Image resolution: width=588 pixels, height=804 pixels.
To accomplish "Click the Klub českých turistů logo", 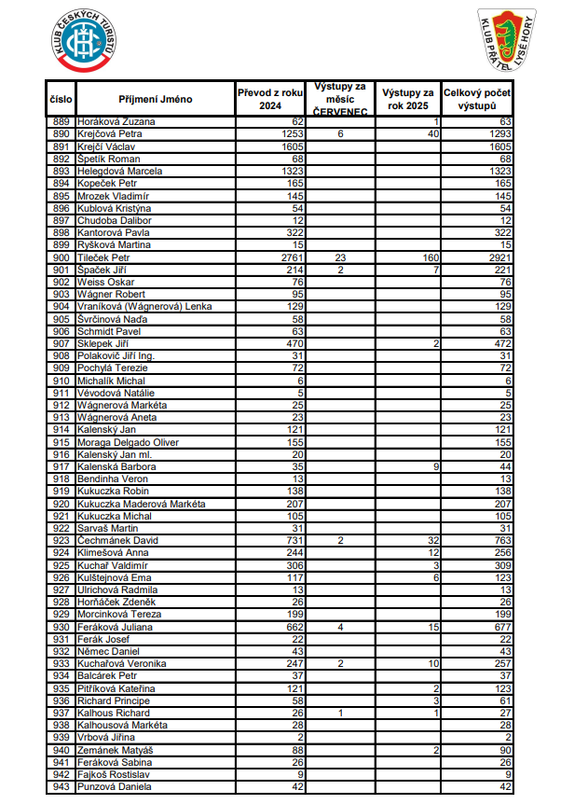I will click(x=85, y=41).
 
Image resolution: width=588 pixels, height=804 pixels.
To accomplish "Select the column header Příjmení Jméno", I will click(x=156, y=99).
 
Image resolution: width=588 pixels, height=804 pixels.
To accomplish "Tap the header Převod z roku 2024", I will click(x=270, y=99).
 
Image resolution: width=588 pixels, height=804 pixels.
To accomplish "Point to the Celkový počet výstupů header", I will click(x=477, y=99).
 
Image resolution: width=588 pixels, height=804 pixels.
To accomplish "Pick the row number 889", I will click(x=62, y=121).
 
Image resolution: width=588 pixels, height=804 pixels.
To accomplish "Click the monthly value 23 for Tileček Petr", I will click(x=340, y=256).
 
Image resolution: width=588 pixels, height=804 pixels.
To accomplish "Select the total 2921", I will click(x=500, y=256).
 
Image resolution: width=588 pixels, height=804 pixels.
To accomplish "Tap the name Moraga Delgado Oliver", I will click(x=128, y=442).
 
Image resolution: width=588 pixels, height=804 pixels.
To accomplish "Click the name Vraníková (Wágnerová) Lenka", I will click(x=144, y=306).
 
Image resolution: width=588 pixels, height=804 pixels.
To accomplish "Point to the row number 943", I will click(x=62, y=787).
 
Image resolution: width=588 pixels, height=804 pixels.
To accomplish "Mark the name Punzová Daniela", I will click(x=115, y=787).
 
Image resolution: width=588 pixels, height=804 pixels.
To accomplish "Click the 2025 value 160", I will click(x=429, y=256).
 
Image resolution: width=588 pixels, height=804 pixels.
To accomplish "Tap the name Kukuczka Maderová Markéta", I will click(x=136, y=504).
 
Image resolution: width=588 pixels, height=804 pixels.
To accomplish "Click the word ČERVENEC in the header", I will click(x=340, y=111).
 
